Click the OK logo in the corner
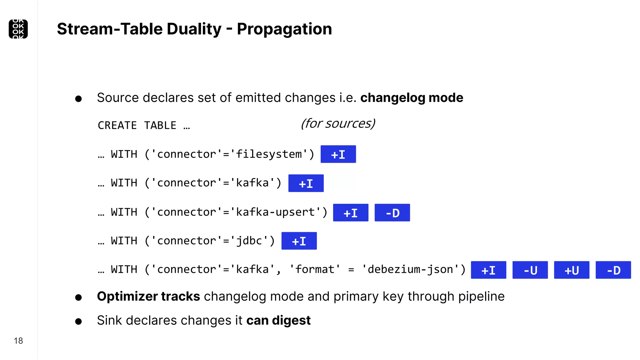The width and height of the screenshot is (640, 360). pos(18,29)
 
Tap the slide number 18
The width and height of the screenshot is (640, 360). pos(18,341)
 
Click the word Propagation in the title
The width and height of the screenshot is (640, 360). pos(284,29)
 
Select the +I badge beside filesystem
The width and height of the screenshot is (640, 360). pos(338,154)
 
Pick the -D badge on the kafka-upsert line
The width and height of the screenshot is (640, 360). pos(392,213)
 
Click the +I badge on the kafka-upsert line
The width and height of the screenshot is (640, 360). pos(351,213)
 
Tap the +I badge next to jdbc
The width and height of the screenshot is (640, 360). pos(299,241)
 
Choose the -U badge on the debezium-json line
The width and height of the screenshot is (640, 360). pos(530,270)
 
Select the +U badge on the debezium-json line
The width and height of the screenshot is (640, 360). pos(572,270)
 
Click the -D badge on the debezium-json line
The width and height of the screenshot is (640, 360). pos(613,270)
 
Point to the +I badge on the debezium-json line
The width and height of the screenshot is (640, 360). pos(488,270)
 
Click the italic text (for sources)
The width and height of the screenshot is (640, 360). pos(338,123)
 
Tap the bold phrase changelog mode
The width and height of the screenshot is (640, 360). pos(412,98)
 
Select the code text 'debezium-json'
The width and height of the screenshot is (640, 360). pos(410,269)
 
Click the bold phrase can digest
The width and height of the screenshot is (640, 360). pos(278,320)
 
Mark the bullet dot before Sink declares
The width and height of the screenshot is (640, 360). pos(78,321)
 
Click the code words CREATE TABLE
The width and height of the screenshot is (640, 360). pos(137,126)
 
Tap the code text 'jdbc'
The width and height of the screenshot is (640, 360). pos(249,241)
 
